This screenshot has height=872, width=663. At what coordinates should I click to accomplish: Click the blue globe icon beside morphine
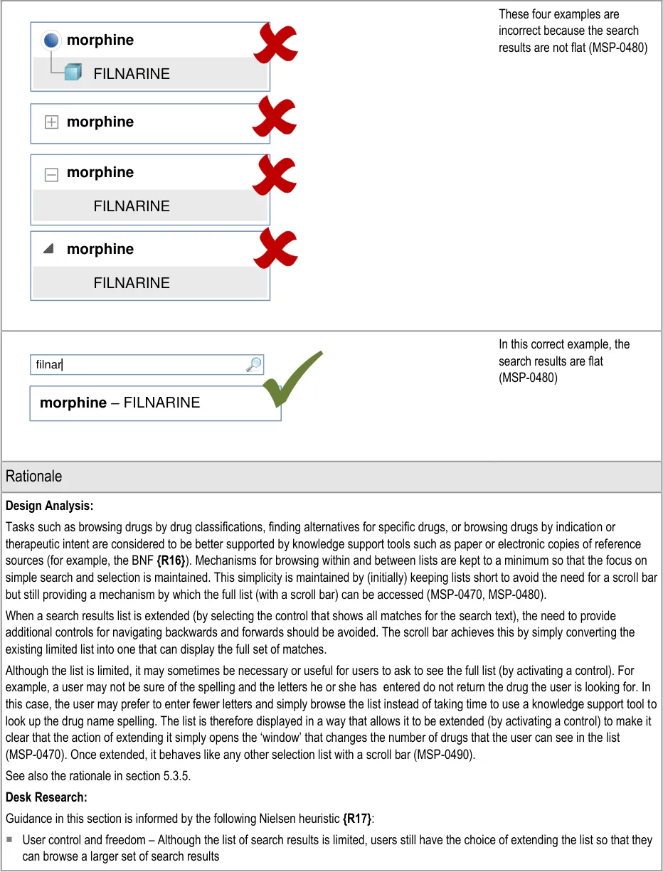tap(51, 41)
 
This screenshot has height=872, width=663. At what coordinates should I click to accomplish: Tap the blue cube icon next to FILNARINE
tap(73, 73)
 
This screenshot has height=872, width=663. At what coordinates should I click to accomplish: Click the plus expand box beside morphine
tap(51, 122)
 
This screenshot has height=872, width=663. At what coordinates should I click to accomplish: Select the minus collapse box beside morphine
tap(51, 174)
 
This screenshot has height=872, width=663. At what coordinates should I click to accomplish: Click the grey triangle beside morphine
tap(48, 249)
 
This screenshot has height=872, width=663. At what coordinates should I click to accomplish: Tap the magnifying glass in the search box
tap(253, 365)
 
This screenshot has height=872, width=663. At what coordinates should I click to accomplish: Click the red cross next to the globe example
tap(275, 44)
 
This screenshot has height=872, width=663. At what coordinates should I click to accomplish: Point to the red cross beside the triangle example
tap(275, 248)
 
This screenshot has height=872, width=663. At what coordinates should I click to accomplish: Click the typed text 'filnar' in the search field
tap(49, 366)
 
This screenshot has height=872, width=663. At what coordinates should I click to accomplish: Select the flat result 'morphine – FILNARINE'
tap(120, 403)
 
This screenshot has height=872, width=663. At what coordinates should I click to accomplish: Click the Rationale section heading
tap(34, 477)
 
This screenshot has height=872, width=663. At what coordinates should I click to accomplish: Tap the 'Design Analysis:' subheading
tap(50, 506)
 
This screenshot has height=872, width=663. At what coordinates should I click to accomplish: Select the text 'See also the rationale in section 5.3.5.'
tap(97, 776)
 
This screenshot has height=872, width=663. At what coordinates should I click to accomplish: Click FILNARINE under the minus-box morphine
tap(132, 207)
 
